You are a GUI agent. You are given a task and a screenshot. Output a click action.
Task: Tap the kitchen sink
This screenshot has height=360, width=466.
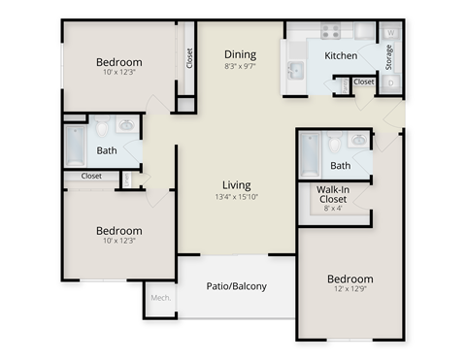click(295, 71)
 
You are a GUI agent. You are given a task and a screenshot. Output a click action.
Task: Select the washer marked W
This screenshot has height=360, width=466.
click(390, 33)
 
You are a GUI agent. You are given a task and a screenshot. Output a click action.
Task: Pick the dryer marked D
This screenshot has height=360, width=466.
click(390, 83)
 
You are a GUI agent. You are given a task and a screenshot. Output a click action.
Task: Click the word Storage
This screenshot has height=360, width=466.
click(389, 58)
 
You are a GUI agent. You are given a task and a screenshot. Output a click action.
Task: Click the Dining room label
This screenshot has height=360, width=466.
click(240, 54)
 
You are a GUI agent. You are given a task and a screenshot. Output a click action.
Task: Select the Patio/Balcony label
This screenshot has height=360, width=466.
click(237, 286)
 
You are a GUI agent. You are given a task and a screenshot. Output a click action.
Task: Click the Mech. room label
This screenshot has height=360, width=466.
click(160, 298)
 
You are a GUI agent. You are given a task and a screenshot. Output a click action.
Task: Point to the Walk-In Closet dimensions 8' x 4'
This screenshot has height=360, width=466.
click(334, 207)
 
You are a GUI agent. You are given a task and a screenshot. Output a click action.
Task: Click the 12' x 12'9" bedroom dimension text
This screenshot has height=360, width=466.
click(349, 290)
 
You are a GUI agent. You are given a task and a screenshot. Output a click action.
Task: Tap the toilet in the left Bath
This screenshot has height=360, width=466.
click(101, 128)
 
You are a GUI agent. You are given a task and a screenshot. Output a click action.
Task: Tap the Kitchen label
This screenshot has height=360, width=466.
click(340, 55)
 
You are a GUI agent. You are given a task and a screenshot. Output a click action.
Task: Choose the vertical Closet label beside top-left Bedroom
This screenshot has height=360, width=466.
click(188, 58)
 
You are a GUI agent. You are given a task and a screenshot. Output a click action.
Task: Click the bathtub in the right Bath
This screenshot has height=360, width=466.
click(310, 154)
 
